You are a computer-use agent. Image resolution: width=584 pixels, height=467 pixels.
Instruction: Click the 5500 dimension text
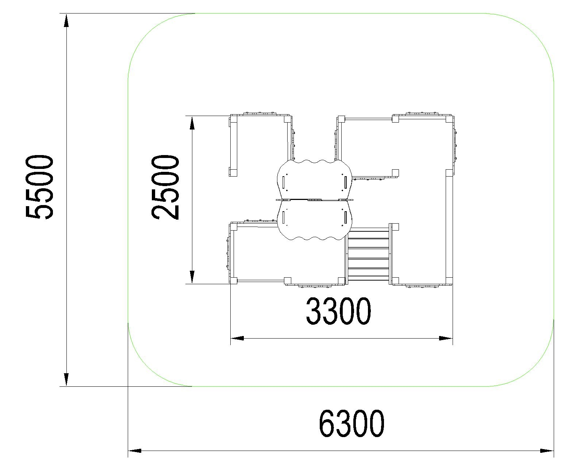(39, 187)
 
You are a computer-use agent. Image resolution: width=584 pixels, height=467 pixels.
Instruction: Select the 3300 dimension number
(338, 311)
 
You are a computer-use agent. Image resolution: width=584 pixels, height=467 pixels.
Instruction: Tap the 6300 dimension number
(351, 424)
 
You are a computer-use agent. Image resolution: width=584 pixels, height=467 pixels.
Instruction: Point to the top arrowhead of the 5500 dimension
(66, 21)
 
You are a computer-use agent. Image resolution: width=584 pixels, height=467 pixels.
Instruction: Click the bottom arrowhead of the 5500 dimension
(66, 379)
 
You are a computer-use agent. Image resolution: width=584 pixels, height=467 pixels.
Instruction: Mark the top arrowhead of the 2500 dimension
(192, 123)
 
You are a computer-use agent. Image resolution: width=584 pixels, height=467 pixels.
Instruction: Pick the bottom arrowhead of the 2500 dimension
(192, 277)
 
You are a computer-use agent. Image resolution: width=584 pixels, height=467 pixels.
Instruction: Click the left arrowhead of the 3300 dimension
(237, 338)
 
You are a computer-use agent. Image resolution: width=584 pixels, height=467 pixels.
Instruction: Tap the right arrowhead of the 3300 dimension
(446, 338)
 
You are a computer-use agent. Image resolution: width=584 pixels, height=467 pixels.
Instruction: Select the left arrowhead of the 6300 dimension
(135, 451)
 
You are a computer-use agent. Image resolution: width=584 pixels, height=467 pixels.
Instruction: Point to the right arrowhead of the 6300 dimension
(547, 451)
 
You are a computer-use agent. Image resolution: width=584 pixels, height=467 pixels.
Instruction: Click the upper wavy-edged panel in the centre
(315, 180)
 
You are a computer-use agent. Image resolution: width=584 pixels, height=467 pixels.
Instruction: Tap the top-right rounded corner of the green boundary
(535, 32)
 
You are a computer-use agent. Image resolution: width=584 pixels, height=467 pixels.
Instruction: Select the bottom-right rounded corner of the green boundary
(535, 367)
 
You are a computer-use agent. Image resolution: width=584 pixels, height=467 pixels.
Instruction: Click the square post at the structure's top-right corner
(449, 119)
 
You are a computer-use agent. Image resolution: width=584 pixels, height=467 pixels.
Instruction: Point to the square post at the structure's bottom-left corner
(234, 281)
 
